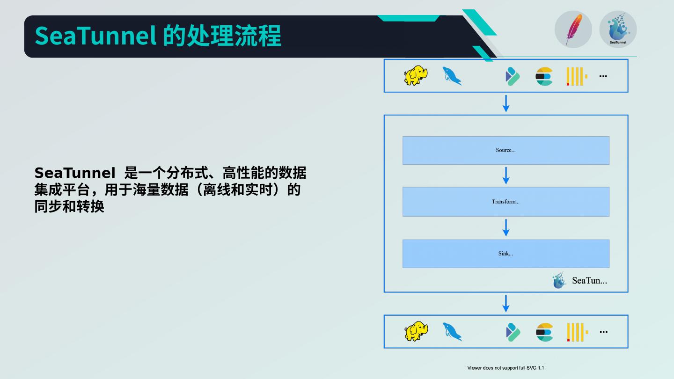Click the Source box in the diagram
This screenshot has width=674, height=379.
[506, 150]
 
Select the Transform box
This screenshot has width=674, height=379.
[506, 202]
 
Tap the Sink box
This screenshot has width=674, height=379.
[506, 254]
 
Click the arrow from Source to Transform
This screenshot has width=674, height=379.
[506, 175]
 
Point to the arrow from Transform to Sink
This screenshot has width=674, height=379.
[506, 228]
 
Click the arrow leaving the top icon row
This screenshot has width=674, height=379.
[506, 103]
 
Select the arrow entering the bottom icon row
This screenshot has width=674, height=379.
[506, 304]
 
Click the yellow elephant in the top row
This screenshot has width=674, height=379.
[416, 75]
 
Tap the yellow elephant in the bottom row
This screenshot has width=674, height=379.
[416, 331]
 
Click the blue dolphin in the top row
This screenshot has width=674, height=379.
[452, 76]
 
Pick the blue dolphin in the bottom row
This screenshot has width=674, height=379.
[452, 332]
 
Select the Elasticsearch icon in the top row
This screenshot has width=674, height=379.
[544, 76]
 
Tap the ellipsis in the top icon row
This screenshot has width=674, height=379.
[603, 76]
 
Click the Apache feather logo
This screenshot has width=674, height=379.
[573, 29]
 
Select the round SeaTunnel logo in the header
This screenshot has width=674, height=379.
[618, 29]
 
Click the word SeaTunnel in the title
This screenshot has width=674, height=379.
[95, 36]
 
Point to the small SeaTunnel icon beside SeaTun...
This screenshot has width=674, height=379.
[559, 280]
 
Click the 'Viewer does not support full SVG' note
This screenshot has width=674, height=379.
[505, 368]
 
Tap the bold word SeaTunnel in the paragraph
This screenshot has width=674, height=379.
[74, 173]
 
